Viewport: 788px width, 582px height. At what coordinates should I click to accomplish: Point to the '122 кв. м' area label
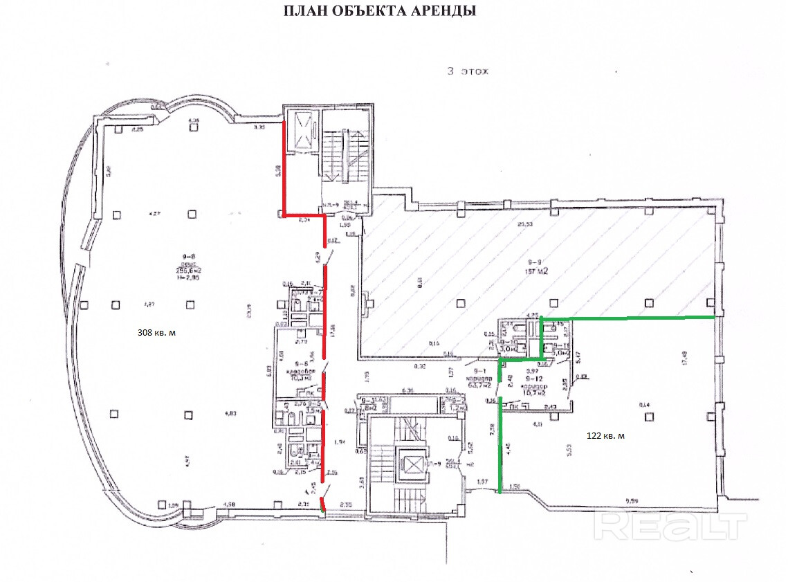pyautogui.click(x=605, y=435)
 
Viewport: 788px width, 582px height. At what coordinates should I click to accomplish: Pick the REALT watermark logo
pyautogui.click(x=670, y=527)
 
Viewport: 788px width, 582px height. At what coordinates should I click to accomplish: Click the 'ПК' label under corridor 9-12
pyautogui.click(x=514, y=408)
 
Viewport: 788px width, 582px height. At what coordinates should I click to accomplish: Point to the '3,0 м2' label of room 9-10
pyautogui.click(x=508, y=350)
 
